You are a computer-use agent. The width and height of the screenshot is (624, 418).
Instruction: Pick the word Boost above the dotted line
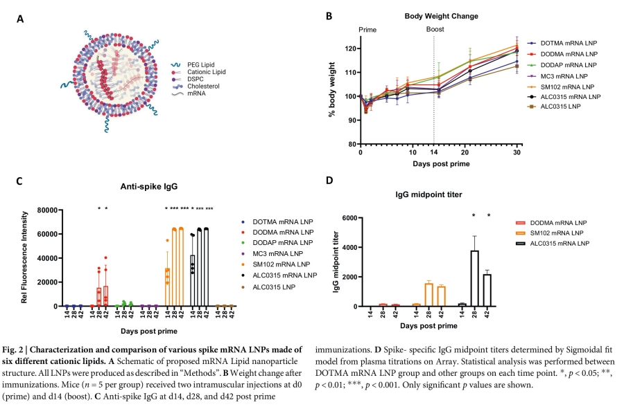pos(435,30)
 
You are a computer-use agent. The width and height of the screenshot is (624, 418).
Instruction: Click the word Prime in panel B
pos(367,30)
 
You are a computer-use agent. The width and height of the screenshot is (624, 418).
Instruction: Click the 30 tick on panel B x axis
pos(517,152)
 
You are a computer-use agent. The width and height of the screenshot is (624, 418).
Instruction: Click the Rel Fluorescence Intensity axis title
pos(24,257)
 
